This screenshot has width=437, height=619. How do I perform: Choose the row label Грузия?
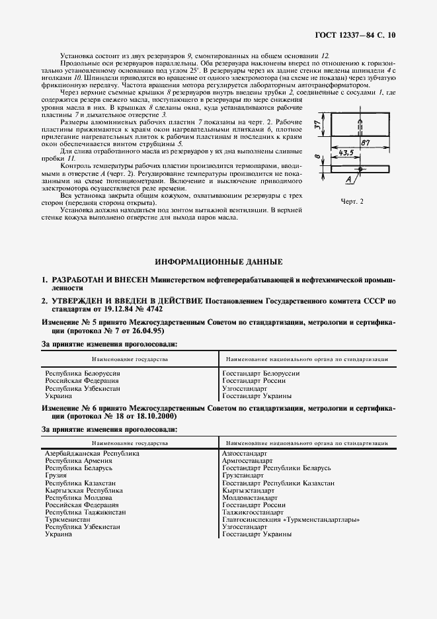pyautogui.click(x=56, y=475)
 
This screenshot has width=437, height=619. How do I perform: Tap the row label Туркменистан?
pyautogui.click(x=68, y=519)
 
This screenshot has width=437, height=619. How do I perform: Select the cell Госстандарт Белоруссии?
pyautogui.click(x=261, y=374)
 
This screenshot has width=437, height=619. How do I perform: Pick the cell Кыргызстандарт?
pyautogui.click(x=248, y=490)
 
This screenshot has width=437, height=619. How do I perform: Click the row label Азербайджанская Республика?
pyautogui.click(x=92, y=454)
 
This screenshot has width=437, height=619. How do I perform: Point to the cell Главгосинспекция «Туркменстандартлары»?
pyautogui.click(x=291, y=519)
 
